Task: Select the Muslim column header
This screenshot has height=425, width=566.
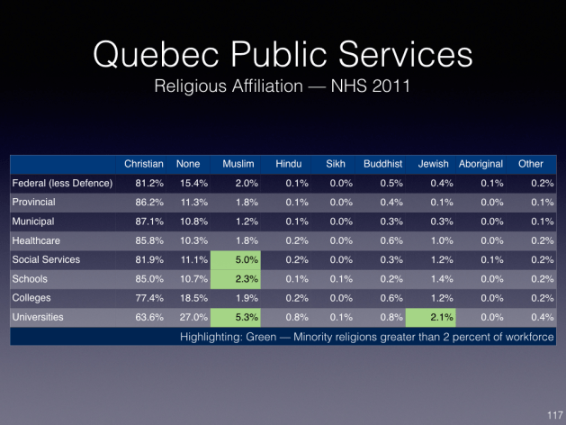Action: [238, 164]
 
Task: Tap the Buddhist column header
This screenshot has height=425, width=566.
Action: [382, 164]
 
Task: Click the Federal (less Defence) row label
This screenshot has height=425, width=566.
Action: [62, 183]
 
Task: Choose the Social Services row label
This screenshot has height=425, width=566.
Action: [46, 259]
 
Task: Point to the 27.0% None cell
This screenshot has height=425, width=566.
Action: [193, 317]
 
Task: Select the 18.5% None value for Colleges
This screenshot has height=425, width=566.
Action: [193, 298]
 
